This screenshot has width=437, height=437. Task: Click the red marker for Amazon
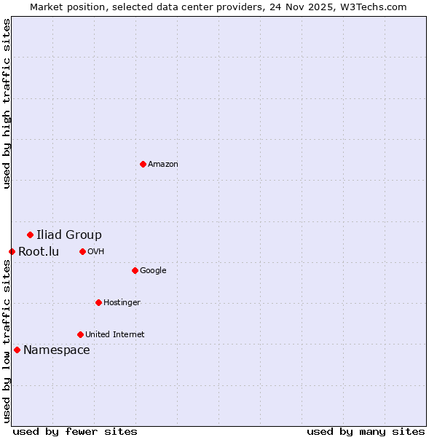click(x=143, y=164)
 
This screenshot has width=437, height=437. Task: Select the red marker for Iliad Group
click(x=30, y=235)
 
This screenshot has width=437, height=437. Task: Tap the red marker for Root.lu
click(x=12, y=251)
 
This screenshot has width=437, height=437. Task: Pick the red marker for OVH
click(x=82, y=251)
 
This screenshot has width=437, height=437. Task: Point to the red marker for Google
click(x=135, y=270)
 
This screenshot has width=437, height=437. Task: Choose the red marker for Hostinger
click(x=98, y=302)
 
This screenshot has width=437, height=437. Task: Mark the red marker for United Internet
click(x=80, y=334)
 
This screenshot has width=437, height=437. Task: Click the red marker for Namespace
click(x=17, y=350)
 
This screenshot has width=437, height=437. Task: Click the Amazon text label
click(x=163, y=164)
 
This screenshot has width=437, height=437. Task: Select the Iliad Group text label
click(x=69, y=235)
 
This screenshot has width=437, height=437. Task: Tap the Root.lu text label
click(x=39, y=252)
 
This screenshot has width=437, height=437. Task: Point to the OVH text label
click(x=96, y=251)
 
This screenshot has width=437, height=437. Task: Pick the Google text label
click(x=153, y=270)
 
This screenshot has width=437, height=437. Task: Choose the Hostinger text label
click(x=122, y=302)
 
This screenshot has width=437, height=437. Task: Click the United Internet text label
click(x=115, y=334)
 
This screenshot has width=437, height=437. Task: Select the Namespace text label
click(x=57, y=350)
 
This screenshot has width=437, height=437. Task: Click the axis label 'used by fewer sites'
click(x=75, y=431)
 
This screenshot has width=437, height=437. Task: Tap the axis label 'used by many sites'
click(x=366, y=431)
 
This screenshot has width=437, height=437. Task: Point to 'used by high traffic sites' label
click(x=7, y=103)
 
